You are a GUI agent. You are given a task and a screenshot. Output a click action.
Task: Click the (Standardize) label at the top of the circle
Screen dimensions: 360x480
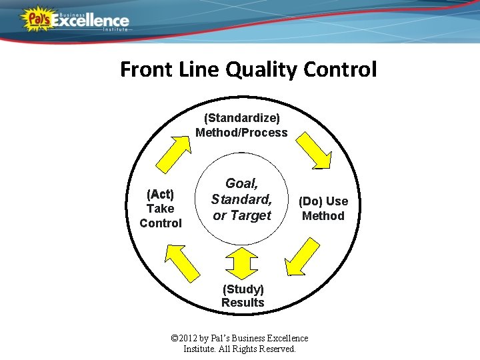pyautogui.click(x=241, y=118)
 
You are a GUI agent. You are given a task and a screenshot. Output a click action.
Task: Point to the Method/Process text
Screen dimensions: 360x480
pyautogui.click(x=241, y=132)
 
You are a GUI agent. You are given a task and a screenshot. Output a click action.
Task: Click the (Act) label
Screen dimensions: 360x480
pyautogui.click(x=160, y=194)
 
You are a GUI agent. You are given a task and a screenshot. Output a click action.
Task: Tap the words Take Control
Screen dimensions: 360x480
pyautogui.click(x=160, y=216)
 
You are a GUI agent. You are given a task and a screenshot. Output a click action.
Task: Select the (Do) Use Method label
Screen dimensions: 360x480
pyautogui.click(x=323, y=209)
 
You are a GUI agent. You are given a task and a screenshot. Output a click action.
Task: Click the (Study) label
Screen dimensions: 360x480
pyautogui.click(x=243, y=289)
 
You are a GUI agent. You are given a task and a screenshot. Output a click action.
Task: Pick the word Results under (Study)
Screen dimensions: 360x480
pyautogui.click(x=243, y=303)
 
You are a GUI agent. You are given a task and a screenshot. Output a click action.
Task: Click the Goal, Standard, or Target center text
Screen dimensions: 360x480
pyautogui.click(x=241, y=199)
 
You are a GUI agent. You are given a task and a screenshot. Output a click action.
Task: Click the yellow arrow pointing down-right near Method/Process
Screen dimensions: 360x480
pyautogui.click(x=313, y=151)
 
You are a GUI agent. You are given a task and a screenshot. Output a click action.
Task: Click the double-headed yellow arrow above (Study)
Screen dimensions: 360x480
pyautogui.click(x=241, y=262)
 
